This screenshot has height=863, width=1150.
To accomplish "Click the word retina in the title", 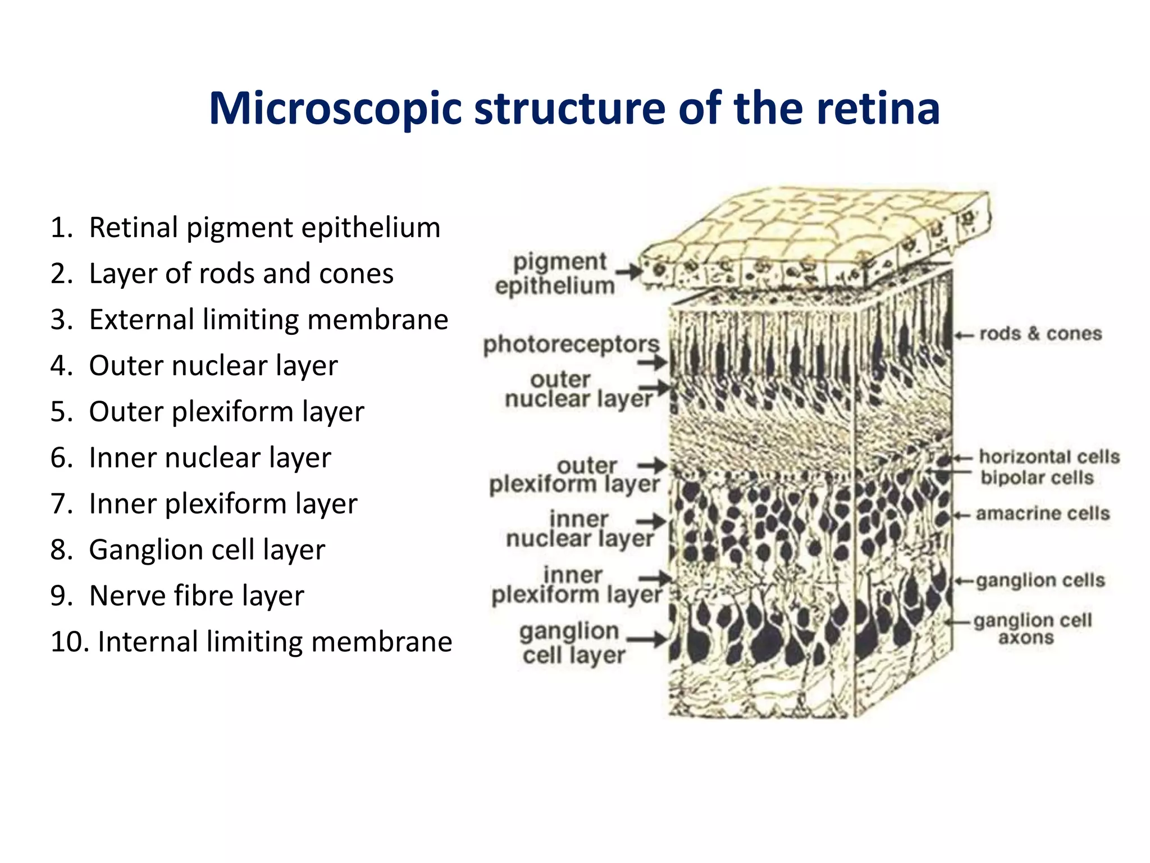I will point(878,108).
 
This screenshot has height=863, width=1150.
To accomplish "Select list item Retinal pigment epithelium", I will point(264,228).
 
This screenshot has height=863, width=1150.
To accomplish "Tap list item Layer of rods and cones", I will point(241,274).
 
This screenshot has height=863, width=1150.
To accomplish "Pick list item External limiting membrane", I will point(268,320).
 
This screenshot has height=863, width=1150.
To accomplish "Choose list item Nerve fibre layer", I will point(197,596).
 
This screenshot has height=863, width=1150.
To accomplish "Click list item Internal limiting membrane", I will point(275,642).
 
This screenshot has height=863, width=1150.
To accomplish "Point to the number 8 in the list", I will point(58,549).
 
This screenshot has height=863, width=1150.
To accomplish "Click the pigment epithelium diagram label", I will point(556,274).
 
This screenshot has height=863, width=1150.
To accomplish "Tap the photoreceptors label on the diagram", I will point(571,344).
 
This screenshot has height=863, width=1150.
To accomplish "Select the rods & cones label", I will point(1041,334).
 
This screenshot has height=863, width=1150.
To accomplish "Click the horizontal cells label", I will point(1049,456).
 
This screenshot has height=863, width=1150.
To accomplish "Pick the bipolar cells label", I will point(1037,478).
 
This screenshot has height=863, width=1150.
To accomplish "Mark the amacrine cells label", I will point(1043,513).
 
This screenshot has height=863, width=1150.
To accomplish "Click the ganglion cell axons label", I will point(1032,629).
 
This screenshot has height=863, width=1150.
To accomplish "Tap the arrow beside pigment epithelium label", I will point(629,272).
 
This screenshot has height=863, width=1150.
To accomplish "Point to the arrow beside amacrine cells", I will point(961,515).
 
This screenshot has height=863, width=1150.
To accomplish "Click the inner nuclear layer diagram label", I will point(579,529).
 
